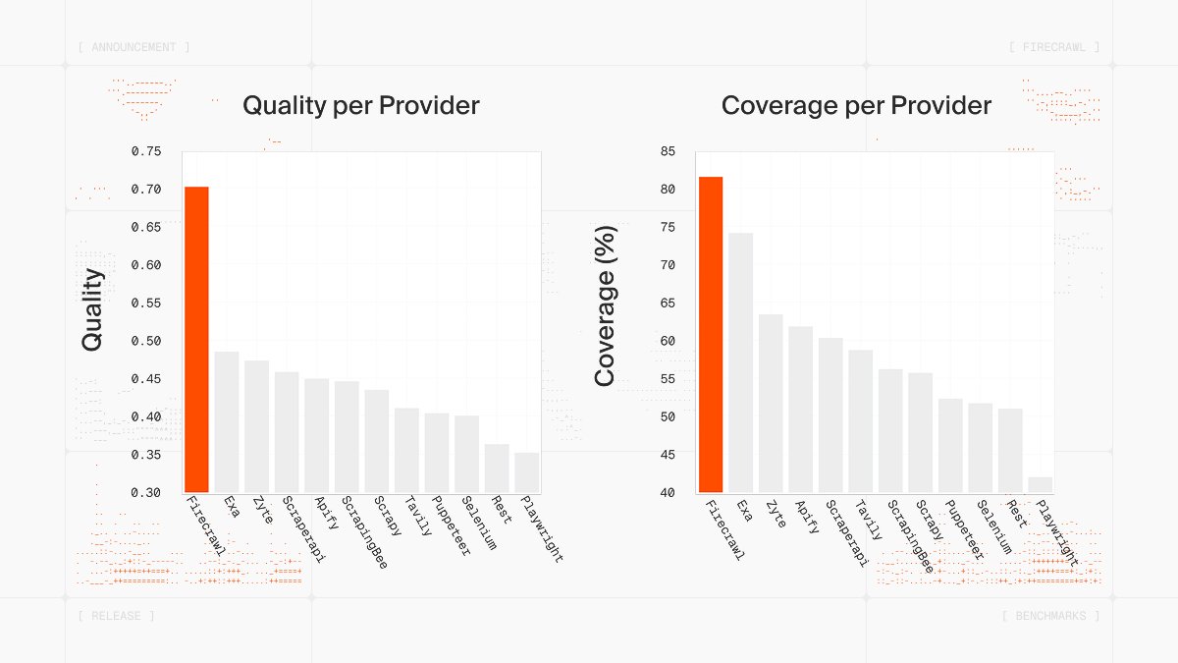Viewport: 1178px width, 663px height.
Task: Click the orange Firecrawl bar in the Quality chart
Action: (x=196, y=339)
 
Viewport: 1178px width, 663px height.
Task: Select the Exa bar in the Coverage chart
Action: (x=740, y=362)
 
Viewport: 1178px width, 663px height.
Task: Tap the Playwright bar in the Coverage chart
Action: (x=1041, y=484)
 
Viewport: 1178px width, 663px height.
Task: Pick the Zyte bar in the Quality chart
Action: (x=256, y=426)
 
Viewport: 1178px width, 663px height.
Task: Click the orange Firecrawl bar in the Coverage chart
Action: (x=711, y=334)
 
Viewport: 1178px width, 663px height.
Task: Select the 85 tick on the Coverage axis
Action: (x=668, y=151)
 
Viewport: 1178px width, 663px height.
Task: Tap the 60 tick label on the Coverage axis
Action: (x=668, y=341)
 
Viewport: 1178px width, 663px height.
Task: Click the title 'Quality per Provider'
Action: (x=361, y=105)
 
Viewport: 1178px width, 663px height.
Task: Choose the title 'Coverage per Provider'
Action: (x=856, y=105)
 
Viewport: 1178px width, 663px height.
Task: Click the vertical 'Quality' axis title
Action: (x=92, y=310)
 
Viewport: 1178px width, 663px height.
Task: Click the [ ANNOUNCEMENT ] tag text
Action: (x=134, y=47)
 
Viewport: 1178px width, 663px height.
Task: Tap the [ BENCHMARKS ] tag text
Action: (x=1050, y=616)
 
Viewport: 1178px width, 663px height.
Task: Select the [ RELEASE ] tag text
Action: (x=116, y=616)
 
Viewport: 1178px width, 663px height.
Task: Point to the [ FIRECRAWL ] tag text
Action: (x=1054, y=47)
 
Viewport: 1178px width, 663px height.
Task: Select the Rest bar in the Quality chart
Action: (x=497, y=469)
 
